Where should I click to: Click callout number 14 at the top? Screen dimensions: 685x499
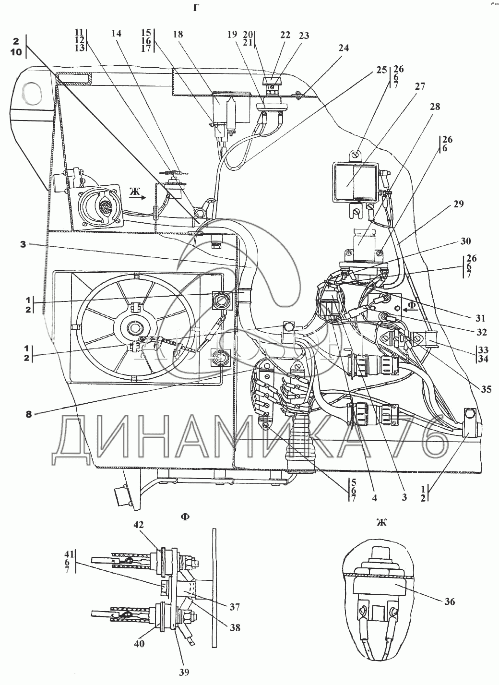[x=116, y=34]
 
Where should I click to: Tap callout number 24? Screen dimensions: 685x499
[x=343, y=48]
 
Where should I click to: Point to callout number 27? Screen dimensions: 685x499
[x=420, y=87]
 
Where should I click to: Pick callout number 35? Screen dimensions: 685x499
[x=486, y=390]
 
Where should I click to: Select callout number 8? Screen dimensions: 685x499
[x=29, y=414]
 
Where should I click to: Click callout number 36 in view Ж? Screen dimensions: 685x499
[x=449, y=601]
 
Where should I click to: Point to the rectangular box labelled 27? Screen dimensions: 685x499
[x=355, y=181]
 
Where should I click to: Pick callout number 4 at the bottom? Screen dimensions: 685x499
[x=374, y=498]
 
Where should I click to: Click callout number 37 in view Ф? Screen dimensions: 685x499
[x=235, y=607]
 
